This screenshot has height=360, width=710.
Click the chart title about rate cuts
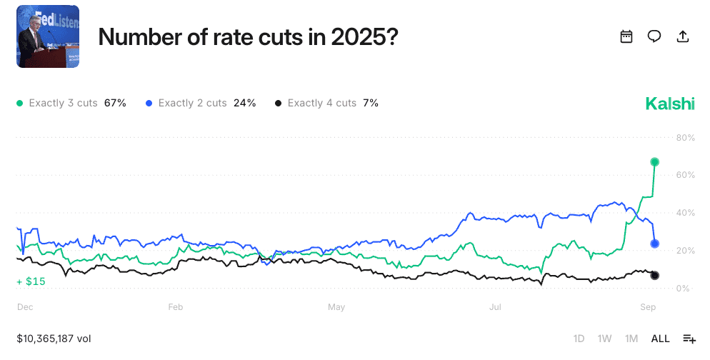pyautogui.click(x=248, y=37)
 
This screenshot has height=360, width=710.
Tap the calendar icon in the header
pyautogui.click(x=626, y=37)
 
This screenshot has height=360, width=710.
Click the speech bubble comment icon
pyautogui.click(x=654, y=37)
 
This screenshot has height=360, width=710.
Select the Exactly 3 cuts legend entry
pyautogui.click(x=71, y=103)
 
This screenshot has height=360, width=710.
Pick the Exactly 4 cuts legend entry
pyautogui.click(x=326, y=103)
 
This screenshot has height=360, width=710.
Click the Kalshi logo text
pyautogui.click(x=670, y=104)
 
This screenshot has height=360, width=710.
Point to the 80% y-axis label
pyautogui.click(x=685, y=137)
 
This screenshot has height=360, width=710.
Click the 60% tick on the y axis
pyautogui.click(x=685, y=175)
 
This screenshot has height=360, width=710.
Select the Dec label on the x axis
pyautogui.click(x=25, y=307)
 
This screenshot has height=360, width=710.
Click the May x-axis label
pyautogui.click(x=336, y=307)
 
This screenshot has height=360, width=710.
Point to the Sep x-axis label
pyautogui.click(x=647, y=307)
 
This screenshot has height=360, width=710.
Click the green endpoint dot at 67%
pyautogui.click(x=655, y=162)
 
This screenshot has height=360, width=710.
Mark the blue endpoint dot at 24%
pyautogui.click(x=655, y=244)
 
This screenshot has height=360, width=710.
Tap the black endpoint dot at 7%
pyautogui.click(x=655, y=276)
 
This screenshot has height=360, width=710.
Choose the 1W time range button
pyautogui.click(x=604, y=339)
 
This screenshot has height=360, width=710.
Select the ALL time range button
pyautogui.click(x=661, y=339)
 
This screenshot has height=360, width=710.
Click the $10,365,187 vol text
pyautogui.click(x=54, y=339)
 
